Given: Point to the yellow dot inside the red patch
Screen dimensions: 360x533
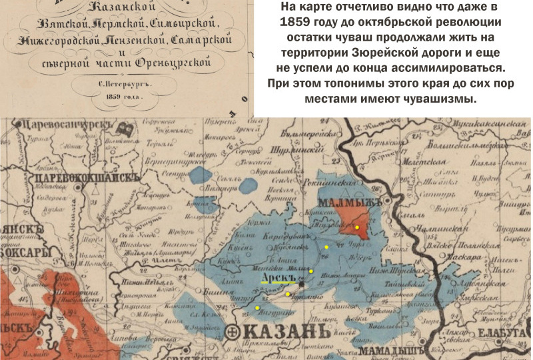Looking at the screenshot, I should coord(357,227).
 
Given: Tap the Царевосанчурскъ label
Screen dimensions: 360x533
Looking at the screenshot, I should coord(57,123).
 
